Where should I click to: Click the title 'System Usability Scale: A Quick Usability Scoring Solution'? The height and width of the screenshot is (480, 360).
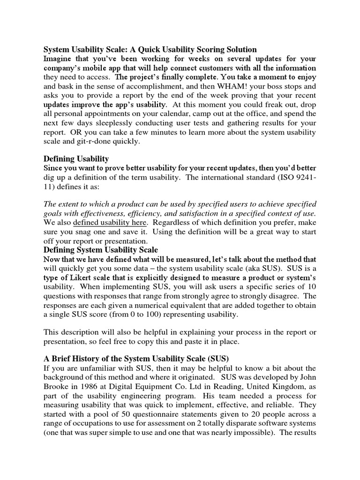click(150, 49)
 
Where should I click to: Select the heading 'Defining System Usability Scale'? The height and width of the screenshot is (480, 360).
click(101, 250)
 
